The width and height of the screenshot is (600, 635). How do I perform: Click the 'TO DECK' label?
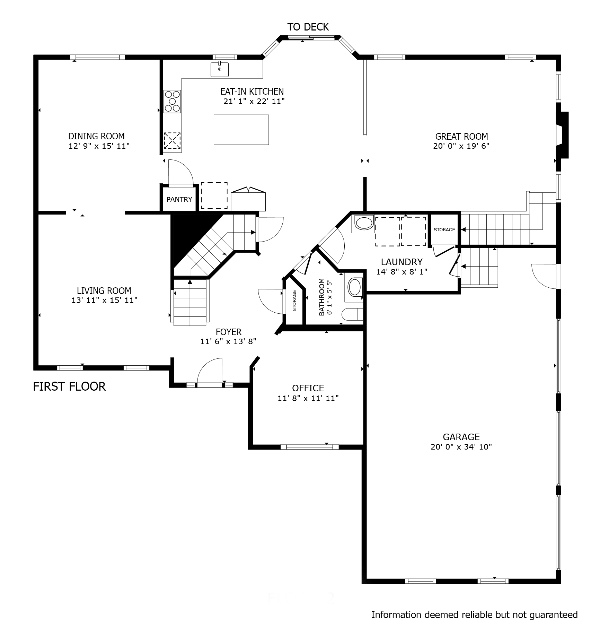[x=308, y=27]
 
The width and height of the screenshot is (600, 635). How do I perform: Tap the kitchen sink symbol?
[x=220, y=69]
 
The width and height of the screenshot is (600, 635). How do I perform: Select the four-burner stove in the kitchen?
[x=173, y=101]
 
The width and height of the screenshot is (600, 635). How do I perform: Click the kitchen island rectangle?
[x=241, y=130]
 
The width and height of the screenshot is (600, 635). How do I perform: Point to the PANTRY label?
[x=179, y=199]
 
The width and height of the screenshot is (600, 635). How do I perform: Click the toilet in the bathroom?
[x=352, y=314]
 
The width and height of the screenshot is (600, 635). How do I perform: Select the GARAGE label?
[x=461, y=437]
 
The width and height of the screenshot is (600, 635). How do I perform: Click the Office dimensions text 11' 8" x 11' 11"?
[x=308, y=398]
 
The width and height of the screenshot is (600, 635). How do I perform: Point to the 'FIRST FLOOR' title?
[x=69, y=386]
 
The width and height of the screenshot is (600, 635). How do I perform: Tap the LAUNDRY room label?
[x=402, y=262]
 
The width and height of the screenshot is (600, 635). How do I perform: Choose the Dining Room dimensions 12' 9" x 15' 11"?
[x=99, y=146]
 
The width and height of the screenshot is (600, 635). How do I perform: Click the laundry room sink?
[x=363, y=224]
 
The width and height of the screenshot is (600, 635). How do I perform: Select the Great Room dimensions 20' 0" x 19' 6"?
[x=461, y=146]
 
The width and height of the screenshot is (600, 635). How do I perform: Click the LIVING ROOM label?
[x=104, y=291]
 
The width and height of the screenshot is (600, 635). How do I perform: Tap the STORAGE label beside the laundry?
[x=444, y=230]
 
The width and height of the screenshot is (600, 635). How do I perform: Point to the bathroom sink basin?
[x=354, y=287]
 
